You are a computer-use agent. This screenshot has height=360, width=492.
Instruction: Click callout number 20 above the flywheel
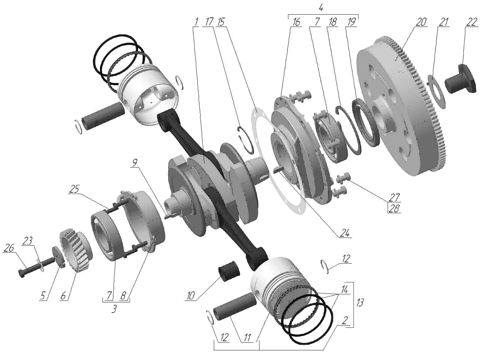[421, 22]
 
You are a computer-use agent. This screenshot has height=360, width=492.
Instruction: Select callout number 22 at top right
[472, 22]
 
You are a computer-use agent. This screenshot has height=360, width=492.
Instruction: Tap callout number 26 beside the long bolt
[9, 248]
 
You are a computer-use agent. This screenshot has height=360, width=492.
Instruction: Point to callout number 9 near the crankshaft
[135, 163]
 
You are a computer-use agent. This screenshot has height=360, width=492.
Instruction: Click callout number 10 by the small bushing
[191, 296]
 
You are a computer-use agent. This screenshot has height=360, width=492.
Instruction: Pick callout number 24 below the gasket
[345, 233]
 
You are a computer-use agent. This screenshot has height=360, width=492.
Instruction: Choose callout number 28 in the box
[394, 208]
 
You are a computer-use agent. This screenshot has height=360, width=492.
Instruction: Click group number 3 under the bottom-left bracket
[114, 309]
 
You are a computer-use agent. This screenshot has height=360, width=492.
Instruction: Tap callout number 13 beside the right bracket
[360, 302]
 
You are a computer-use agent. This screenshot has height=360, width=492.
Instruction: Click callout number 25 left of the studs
[74, 189]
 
